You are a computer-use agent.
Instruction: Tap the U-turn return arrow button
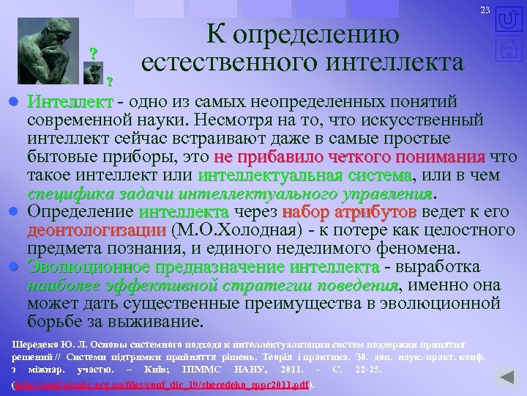509,19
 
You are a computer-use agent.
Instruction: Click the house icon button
509,52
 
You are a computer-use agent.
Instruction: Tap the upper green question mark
93,54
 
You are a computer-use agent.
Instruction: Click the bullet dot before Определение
14,213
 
